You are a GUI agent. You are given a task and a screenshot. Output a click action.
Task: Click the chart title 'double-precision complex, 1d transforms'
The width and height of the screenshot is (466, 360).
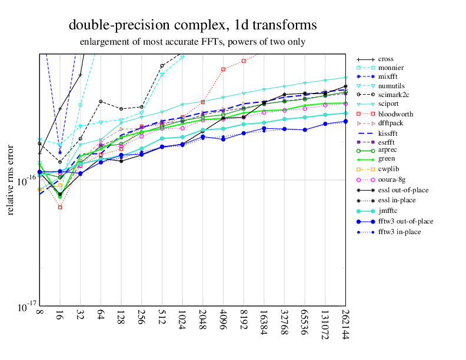(x=192, y=25)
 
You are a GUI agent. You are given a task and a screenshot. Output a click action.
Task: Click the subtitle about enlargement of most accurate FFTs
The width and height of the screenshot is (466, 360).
(x=192, y=42)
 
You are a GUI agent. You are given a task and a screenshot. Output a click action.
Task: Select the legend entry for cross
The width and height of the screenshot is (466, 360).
(x=386, y=59)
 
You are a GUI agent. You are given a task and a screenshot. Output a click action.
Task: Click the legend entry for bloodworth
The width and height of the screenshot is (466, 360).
(x=395, y=114)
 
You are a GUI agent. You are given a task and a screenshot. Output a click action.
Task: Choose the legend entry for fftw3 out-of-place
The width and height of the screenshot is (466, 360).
(x=405, y=221)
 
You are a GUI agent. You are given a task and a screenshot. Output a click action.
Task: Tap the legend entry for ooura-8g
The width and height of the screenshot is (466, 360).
(x=392, y=179)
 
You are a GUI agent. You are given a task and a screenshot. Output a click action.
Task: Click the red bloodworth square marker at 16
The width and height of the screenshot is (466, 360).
(x=60, y=207)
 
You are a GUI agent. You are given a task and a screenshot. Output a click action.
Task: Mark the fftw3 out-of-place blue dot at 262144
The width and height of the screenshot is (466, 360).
(x=345, y=121)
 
